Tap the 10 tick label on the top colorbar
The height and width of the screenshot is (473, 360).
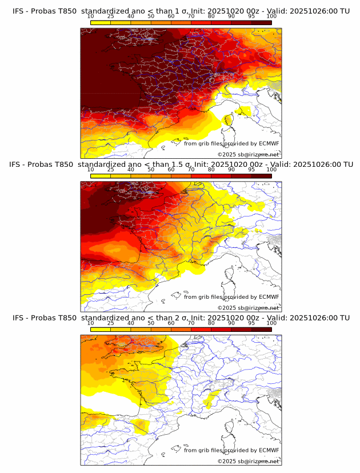coord(91,17)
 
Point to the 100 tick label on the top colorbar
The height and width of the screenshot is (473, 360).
coord(271,17)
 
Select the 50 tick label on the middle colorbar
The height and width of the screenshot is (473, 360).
coord(151,170)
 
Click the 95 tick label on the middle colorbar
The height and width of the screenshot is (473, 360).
coord(251,170)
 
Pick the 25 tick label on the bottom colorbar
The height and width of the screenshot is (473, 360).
coord(111,323)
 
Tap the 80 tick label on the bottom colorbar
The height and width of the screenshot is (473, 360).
coord(211,323)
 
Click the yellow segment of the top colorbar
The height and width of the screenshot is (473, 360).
coord(101,22)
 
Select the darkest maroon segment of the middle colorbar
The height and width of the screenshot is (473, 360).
coord(262,176)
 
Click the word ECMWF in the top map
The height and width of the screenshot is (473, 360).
coord(269,143)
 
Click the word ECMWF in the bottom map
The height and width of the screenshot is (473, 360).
coord(269,450)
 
